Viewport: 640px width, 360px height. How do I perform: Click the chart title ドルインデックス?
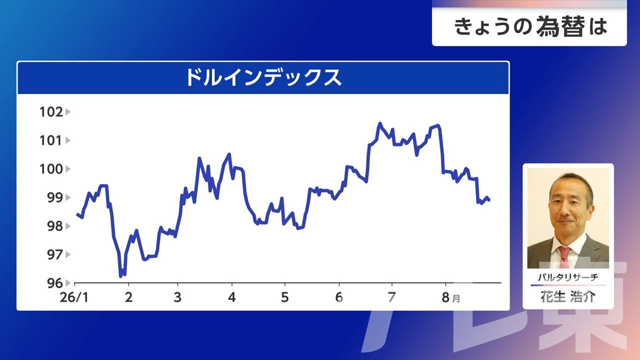click(263, 77)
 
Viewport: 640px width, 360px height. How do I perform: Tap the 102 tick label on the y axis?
click(51, 112)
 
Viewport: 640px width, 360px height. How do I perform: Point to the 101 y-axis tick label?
click(51, 140)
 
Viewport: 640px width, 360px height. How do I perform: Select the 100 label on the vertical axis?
click(51, 169)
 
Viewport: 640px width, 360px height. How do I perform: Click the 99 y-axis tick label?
click(55, 197)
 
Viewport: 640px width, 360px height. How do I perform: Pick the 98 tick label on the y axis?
click(55, 226)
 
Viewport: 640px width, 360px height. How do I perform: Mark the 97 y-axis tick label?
click(55, 254)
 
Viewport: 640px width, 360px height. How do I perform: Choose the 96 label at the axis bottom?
click(55, 283)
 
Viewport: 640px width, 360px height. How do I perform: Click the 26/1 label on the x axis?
click(74, 297)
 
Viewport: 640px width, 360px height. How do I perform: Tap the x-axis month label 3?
click(177, 297)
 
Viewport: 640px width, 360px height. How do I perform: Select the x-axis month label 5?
click(285, 297)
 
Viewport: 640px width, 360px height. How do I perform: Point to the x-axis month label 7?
click(391, 297)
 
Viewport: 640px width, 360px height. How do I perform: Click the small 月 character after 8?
click(456, 298)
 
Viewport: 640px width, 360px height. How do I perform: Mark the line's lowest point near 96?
click(120, 276)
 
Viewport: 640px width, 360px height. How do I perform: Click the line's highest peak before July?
click(380, 123)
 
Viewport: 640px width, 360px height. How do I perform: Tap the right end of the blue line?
click(489, 200)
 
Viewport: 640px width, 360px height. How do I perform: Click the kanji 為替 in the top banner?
click(560, 27)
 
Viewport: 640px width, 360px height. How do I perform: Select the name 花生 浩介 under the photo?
click(568, 297)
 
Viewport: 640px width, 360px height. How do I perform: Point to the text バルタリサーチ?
click(568, 277)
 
